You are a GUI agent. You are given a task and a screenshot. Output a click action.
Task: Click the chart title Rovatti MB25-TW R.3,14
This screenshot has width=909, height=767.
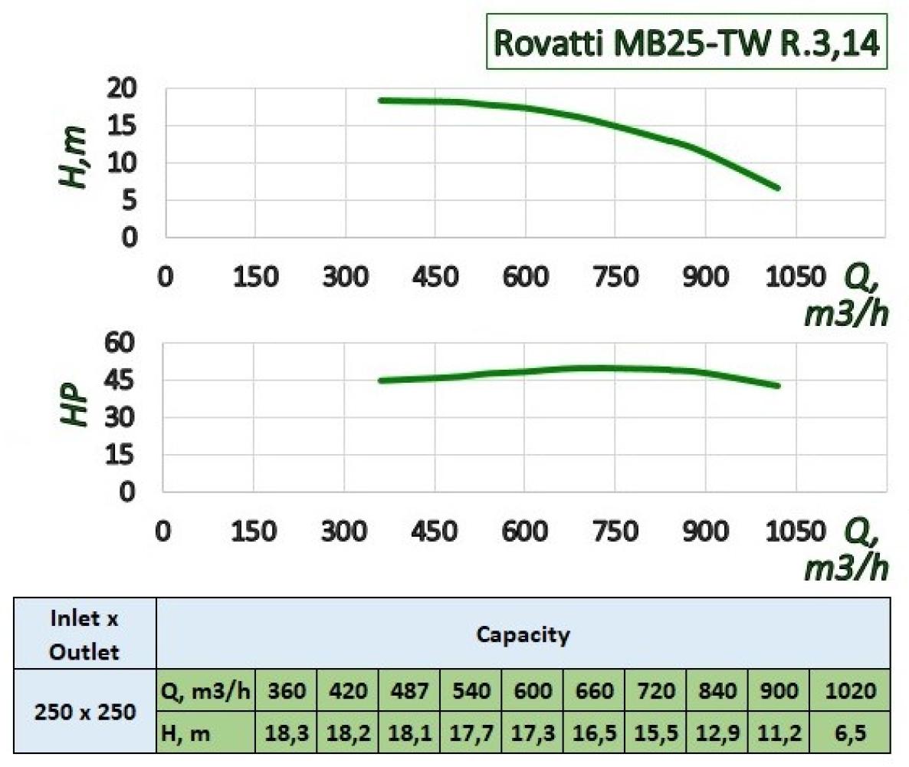point(687,42)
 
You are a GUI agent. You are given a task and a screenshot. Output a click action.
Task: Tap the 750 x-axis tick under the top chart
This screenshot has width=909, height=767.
point(615,277)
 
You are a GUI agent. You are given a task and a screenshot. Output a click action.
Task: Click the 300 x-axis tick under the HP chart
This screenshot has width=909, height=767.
point(343,531)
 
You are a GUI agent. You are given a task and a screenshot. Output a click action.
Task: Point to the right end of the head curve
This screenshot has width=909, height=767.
point(778,187)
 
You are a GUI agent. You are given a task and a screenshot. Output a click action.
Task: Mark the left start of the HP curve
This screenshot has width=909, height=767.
point(381,380)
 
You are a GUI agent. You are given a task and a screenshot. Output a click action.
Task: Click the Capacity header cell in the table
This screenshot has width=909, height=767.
point(523,635)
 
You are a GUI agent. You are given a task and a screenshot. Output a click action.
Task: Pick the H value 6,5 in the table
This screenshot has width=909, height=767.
point(851,733)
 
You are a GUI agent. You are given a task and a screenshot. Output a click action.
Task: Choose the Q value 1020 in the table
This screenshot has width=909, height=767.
point(851,692)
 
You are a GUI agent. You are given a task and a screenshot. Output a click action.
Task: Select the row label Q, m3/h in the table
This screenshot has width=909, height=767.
point(205,692)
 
